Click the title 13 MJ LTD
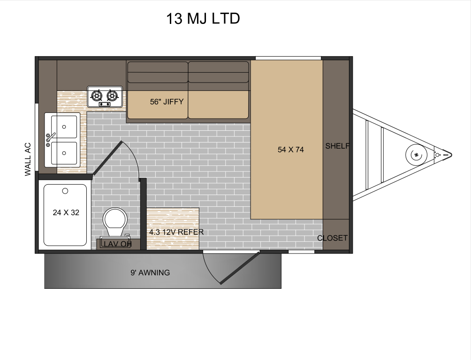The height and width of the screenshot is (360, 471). (203, 19)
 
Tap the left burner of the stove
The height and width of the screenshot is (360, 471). (97, 96)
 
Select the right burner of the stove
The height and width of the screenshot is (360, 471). (112, 96)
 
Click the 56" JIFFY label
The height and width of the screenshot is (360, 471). (167, 101)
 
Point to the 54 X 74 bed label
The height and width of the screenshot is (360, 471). (291, 150)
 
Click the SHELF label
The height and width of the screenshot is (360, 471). (337, 146)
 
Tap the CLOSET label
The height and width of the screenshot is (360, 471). (332, 238)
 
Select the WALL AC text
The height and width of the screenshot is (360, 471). (28, 159)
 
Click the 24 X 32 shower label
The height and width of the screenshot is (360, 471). (66, 212)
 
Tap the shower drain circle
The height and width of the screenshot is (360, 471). (65, 191)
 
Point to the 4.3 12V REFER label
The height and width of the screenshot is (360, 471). (176, 232)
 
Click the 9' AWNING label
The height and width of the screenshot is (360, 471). (150, 273)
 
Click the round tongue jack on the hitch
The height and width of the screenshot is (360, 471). (416, 154)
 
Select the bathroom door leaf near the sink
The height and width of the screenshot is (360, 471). (107, 158)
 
